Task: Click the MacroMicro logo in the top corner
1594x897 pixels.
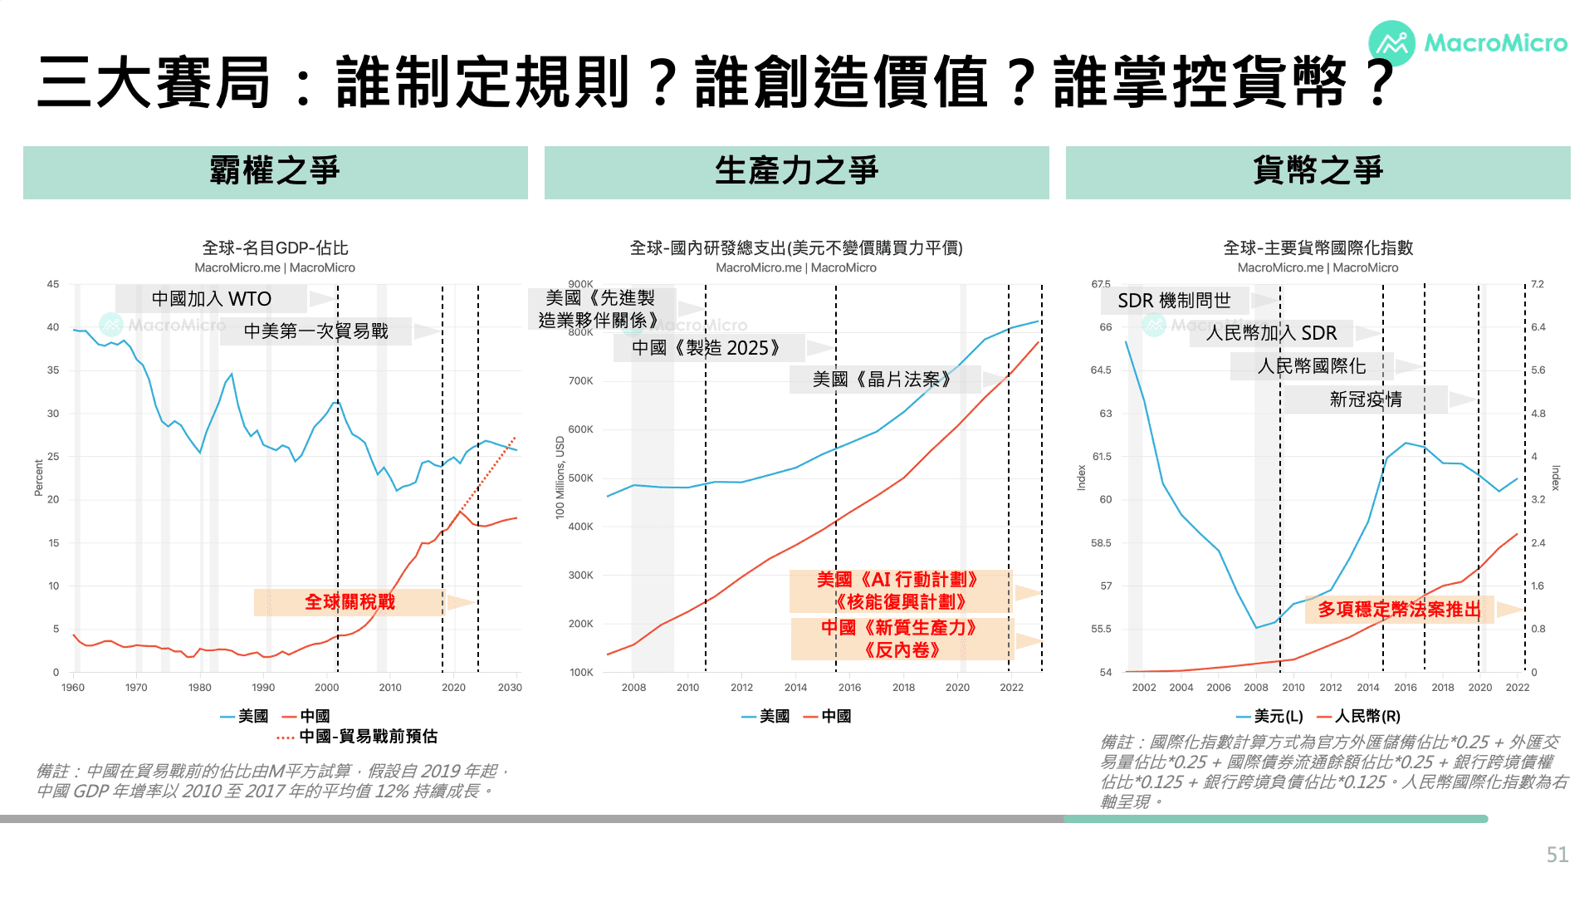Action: coord(1467,43)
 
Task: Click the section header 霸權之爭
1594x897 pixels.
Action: coord(275,172)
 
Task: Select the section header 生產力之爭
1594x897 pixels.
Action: coord(796,172)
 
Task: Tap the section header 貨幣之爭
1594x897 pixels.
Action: coord(1318,172)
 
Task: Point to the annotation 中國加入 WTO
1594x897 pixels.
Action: coord(212,299)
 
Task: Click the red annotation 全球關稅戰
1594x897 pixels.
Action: coord(350,602)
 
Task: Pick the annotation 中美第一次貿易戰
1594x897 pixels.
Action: coord(316,331)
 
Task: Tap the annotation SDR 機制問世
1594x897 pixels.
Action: coord(1174,301)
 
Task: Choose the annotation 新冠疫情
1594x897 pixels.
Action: coord(1366,399)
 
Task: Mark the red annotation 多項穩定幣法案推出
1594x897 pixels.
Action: coord(1400,610)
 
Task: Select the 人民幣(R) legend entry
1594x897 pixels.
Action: coord(1358,716)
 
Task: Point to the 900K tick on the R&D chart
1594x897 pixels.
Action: coord(581,284)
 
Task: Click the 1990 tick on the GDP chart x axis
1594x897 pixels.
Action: coord(263,688)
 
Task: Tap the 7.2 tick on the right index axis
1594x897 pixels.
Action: coord(1538,284)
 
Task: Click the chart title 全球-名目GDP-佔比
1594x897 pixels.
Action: coord(275,248)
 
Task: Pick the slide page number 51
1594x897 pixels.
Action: coord(1557,855)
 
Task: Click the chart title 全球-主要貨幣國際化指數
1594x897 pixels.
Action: coord(1318,248)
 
